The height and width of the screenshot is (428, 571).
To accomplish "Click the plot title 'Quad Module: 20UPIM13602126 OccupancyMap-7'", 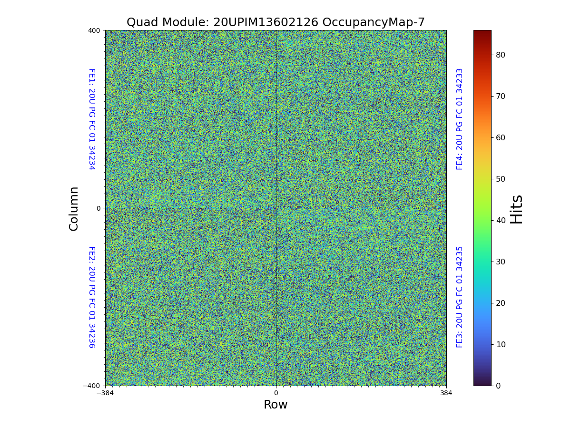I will coord(276,22).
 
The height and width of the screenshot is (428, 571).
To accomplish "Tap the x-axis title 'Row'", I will coord(276,405).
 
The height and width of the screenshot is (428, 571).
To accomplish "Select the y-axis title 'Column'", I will coord(74,208).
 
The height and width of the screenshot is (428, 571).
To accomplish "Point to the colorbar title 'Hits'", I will coord(516,209).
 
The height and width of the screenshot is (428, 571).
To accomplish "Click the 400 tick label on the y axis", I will coord(94,30).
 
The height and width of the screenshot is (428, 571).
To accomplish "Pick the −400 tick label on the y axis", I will coord(91,386).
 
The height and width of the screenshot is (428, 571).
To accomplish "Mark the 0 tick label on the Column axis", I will coord(98,208).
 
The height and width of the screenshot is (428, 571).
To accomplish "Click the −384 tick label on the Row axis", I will coord(105,393).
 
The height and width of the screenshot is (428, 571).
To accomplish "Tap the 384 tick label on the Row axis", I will coord(446,393).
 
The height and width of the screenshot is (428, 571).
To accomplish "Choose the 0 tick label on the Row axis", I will coord(276,393).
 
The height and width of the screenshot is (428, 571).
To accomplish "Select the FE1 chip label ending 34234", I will coord(91,119).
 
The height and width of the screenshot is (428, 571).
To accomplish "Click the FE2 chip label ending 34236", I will coord(91,297).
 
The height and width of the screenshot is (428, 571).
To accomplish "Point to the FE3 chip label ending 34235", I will coord(460,297).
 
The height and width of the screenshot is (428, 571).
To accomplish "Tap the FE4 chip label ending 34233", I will coord(460,119).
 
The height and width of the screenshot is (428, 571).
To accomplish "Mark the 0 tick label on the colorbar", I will coord(498,386).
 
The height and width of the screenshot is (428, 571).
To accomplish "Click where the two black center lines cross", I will coord(276,208).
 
